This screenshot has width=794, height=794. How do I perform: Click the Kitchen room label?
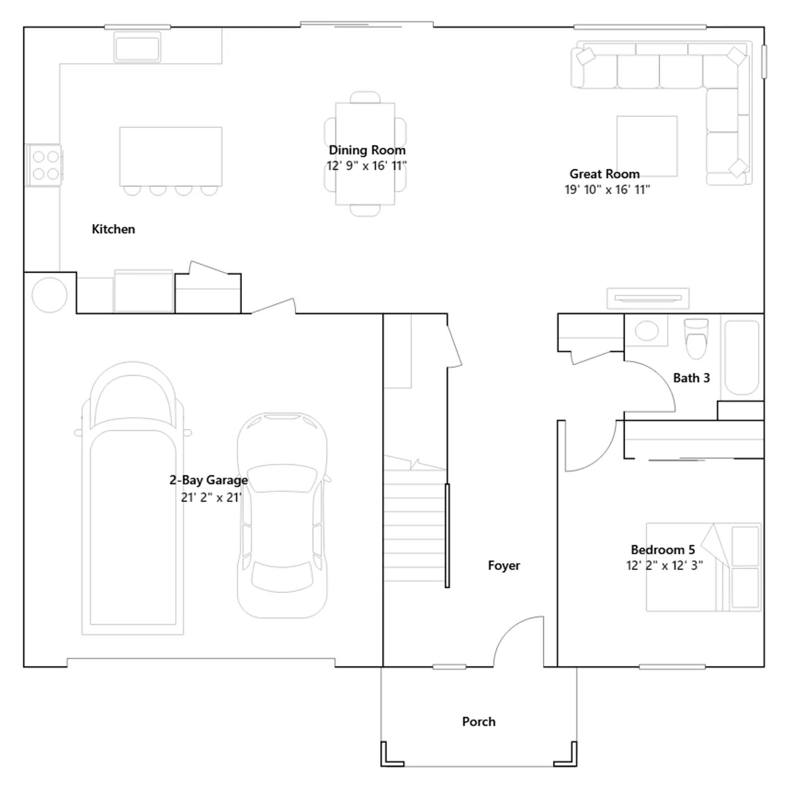(113, 229)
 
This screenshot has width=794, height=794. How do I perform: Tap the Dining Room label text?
(367, 150)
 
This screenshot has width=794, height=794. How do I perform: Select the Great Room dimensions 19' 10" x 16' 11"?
(607, 190)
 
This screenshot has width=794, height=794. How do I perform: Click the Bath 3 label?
(691, 378)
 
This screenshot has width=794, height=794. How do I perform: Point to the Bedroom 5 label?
(663, 549)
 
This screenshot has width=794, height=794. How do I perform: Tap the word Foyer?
(504, 566)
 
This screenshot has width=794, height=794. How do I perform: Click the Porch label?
(479, 722)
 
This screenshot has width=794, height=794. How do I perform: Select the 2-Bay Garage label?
(208, 480)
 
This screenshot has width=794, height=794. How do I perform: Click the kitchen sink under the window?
(137, 48)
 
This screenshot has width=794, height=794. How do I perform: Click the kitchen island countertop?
(171, 156)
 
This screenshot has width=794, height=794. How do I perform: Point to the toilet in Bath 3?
(696, 338)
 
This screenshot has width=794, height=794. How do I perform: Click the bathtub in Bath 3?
(742, 357)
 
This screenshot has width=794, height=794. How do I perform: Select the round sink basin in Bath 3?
(647, 331)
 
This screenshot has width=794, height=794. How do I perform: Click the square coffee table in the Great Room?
(647, 146)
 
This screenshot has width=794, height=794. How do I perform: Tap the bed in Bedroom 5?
(703, 567)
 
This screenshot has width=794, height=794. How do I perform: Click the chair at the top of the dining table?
(365, 97)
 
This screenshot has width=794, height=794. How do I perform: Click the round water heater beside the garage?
(50, 295)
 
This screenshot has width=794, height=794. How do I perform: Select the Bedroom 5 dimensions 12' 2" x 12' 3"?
(664, 565)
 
